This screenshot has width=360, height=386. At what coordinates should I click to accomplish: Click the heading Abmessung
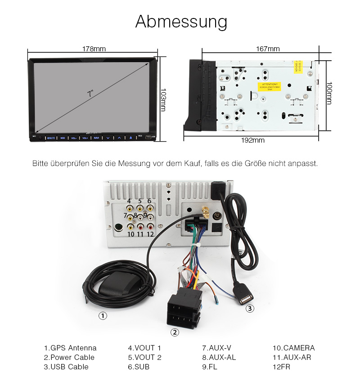(181, 22)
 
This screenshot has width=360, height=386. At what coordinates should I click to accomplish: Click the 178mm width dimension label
(94, 49)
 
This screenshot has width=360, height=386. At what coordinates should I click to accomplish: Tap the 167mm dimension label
(268, 49)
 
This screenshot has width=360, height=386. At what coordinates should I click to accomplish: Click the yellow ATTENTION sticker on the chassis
(268, 86)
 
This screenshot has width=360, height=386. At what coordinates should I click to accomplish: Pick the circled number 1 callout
(103, 316)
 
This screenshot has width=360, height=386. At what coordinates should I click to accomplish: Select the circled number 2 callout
(175, 332)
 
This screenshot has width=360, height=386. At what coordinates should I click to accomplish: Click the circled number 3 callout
(250, 309)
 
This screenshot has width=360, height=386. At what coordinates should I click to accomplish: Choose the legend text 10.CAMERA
(293, 348)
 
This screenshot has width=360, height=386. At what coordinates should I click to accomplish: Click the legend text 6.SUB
(139, 367)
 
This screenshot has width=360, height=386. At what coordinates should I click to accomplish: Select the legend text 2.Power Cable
(69, 357)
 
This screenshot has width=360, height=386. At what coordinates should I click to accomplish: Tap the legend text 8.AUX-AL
(219, 357)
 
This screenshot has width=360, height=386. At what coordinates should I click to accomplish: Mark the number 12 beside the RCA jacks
(150, 234)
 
